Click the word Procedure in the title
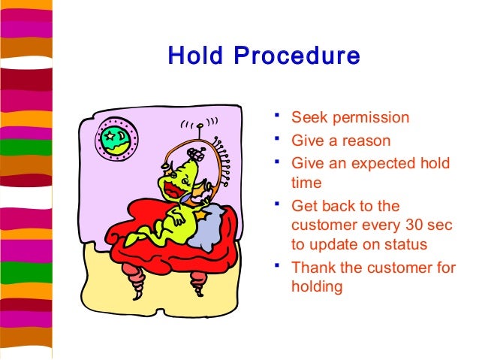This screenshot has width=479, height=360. click(x=294, y=57)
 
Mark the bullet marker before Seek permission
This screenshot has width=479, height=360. click(x=277, y=115)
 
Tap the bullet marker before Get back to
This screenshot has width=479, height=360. click(x=277, y=203)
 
